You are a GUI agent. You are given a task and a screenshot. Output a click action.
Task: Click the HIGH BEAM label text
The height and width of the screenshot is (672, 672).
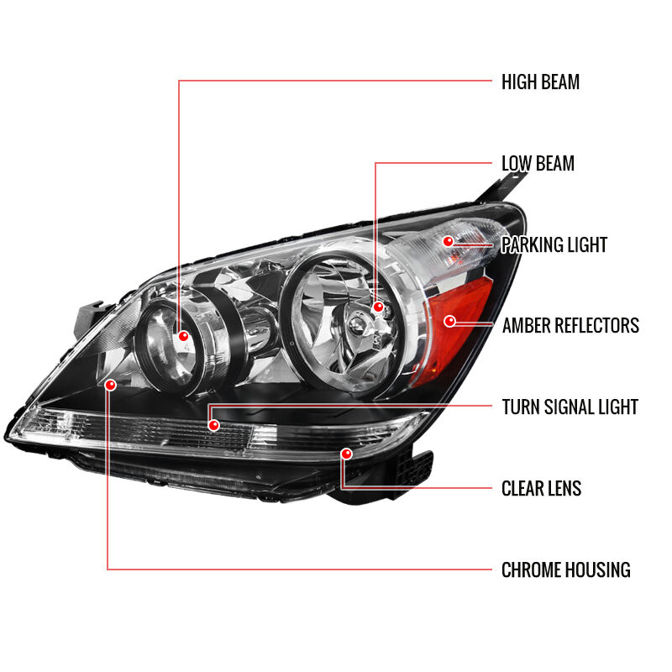pyautogui.click(x=540, y=81)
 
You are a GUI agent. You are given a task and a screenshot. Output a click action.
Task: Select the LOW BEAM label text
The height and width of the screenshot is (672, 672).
pyautogui.click(x=538, y=163)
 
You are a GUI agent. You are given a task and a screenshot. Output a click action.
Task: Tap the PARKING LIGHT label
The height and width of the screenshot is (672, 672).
pyautogui.click(x=554, y=244)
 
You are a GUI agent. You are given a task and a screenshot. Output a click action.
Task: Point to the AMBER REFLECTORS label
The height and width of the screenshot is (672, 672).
pyautogui.click(x=570, y=325)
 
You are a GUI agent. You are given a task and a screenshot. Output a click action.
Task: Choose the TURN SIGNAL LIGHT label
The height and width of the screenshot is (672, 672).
pyautogui.click(x=570, y=407)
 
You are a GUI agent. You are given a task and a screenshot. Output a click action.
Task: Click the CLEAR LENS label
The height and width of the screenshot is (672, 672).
pyautogui.click(x=541, y=488)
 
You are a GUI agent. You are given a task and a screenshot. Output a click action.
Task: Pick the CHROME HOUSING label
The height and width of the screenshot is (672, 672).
pyautogui.click(x=565, y=570)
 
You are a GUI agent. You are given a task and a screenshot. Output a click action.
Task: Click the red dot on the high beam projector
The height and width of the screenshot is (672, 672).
pyautogui.click(x=183, y=336)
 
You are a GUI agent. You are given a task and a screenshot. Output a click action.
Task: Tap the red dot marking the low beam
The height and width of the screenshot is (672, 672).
pyautogui.click(x=378, y=307)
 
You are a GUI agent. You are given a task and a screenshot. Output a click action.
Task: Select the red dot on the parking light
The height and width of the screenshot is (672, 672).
pyautogui.click(x=449, y=241)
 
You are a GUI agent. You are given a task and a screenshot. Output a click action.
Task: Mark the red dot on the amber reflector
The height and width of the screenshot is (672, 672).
pyautogui.click(x=449, y=321)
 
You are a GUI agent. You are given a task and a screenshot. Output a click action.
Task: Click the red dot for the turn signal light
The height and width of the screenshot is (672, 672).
pyautogui.click(x=213, y=425)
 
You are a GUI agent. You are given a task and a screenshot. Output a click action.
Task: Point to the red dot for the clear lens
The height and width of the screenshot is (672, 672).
pyautogui.click(x=346, y=454)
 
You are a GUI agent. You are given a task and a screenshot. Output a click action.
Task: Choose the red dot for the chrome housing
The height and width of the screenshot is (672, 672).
pyautogui.click(x=111, y=385)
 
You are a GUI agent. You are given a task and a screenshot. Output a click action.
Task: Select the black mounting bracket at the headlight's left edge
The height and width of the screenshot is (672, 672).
pyautogui.click(x=88, y=318)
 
